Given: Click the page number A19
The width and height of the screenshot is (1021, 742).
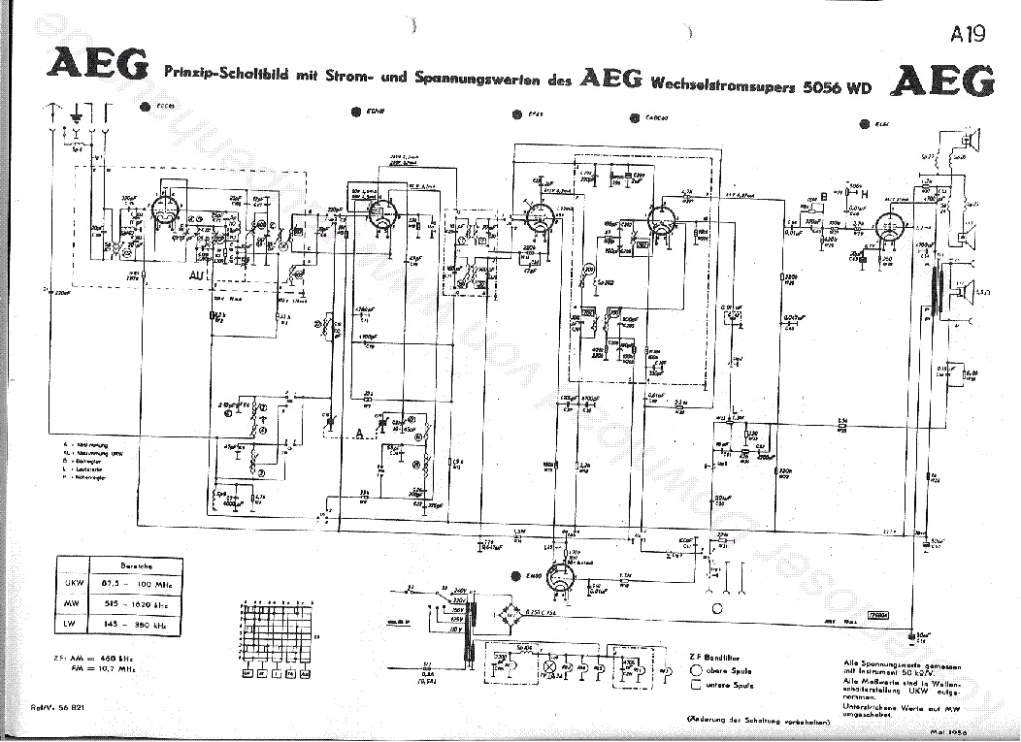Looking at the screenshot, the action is click(x=968, y=35).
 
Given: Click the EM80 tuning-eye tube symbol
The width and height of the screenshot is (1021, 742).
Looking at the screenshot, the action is click(x=560, y=580).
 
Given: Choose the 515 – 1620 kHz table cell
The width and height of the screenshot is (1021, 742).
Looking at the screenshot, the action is click(x=135, y=604).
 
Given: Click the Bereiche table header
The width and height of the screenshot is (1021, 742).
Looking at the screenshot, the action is click(x=135, y=565).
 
